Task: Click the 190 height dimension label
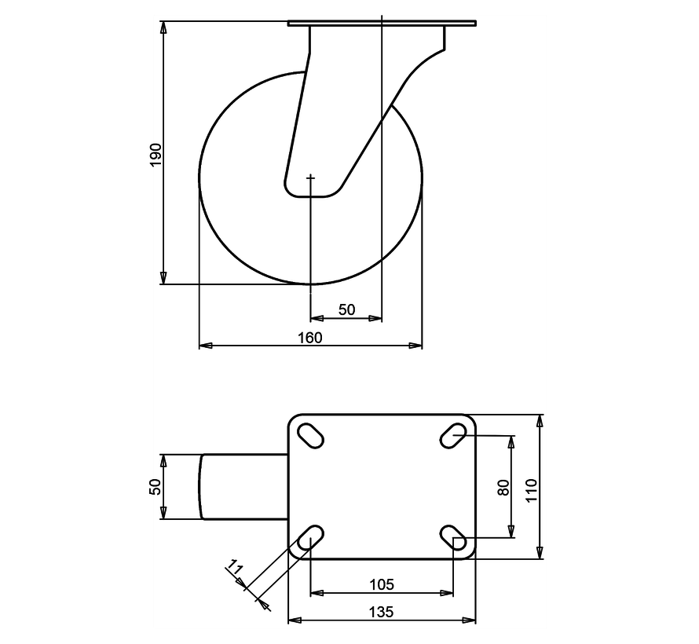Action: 156,153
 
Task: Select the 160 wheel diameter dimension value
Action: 310,337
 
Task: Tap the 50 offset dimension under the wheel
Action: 346,310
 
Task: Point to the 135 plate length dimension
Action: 382,612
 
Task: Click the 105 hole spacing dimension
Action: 382,584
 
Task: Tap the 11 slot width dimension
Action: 234,567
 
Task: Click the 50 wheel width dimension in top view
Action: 156,486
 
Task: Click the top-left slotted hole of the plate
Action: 310,434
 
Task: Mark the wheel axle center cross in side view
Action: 310,178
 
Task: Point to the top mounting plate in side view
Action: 382,24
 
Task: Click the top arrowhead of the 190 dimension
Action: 163,28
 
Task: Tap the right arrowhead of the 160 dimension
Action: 416,345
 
